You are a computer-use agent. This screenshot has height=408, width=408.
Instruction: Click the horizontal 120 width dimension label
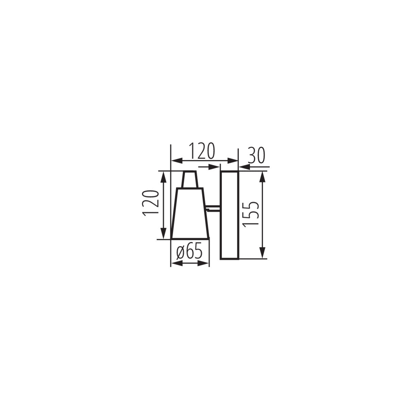[x=202, y=151]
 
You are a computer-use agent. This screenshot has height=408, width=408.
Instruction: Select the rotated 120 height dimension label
[x=151, y=203]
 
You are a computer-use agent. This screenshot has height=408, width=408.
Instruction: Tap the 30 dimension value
[x=256, y=156]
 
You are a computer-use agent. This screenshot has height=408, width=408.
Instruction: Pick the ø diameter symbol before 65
[x=181, y=253]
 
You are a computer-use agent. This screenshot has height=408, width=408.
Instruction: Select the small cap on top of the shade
[x=190, y=179]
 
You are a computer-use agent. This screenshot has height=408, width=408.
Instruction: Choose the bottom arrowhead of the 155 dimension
[x=262, y=253]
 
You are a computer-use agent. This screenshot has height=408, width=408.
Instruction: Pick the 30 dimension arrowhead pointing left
[x=244, y=167]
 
